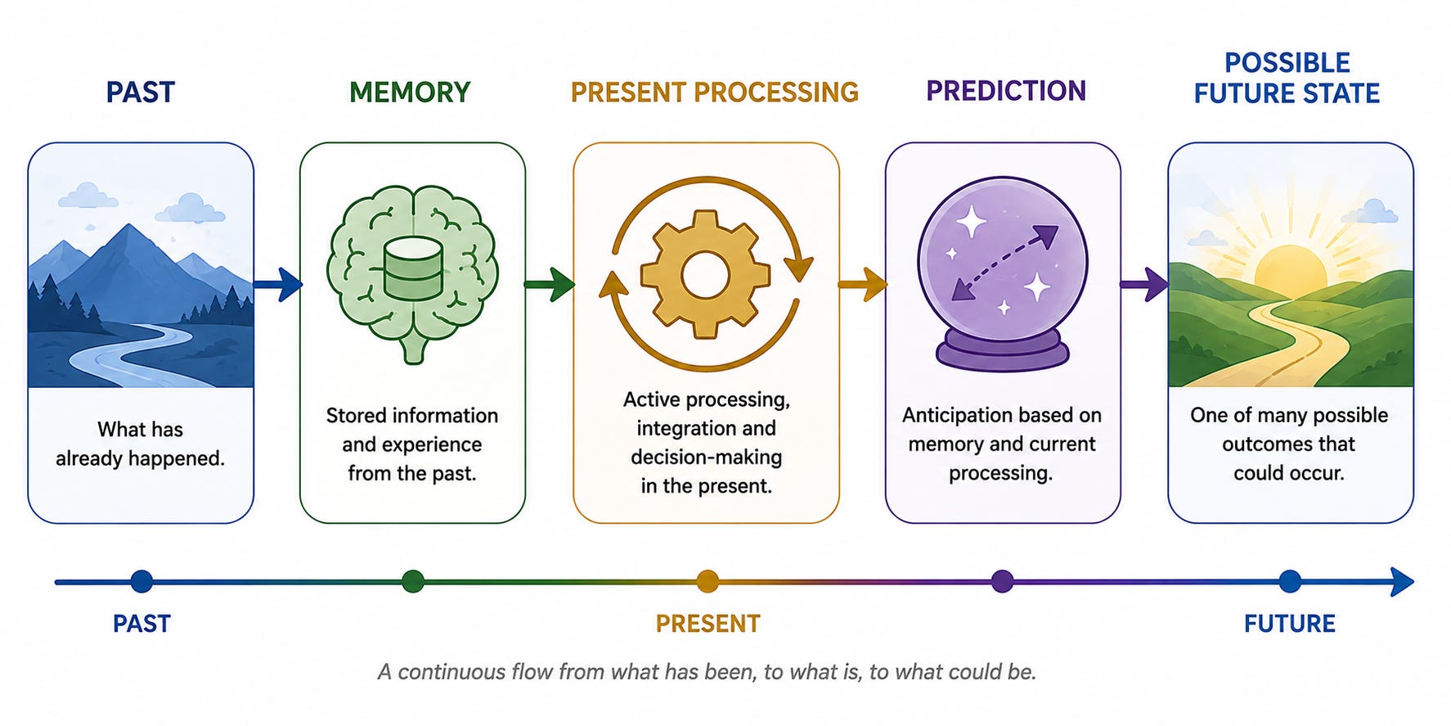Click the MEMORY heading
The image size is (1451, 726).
point(410,92)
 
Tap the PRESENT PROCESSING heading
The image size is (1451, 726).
point(714,92)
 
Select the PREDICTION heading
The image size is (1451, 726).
point(1005,91)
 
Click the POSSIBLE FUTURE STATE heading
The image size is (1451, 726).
point(1287,78)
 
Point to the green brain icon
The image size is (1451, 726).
point(412,273)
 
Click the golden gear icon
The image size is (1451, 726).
point(705,274)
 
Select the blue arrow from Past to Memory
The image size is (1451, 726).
point(277,284)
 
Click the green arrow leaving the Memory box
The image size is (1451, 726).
point(550,284)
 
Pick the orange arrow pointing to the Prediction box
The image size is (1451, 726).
point(862,284)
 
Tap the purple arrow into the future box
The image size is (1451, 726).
point(1144,284)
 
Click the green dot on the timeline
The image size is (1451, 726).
point(413,582)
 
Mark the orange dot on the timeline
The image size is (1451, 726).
point(708,582)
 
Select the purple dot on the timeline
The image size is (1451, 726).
point(1002,582)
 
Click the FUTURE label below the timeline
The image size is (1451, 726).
point(1289,624)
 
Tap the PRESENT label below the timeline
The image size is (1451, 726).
point(708,624)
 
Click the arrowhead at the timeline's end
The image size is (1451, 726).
point(1402,582)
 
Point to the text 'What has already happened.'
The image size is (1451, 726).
point(140,444)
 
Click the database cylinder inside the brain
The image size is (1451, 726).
point(412,269)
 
